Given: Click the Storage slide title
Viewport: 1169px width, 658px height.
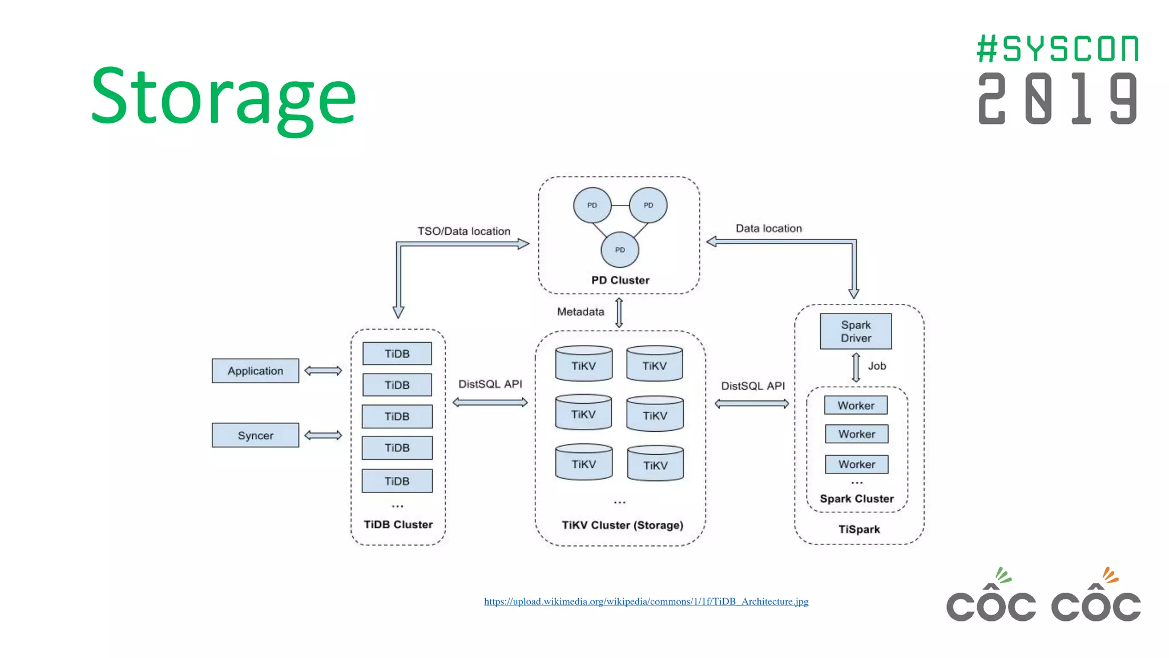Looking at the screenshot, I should click(x=224, y=97).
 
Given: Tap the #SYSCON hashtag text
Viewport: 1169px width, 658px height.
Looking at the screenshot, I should click(x=1057, y=49).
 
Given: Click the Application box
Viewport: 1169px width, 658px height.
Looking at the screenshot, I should click(x=255, y=371).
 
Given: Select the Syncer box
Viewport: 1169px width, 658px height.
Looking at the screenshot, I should click(x=255, y=435).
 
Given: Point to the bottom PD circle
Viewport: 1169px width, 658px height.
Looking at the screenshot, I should click(x=620, y=250).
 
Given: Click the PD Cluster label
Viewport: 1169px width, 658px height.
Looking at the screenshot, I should click(x=620, y=280).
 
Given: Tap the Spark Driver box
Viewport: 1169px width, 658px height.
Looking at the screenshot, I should click(x=856, y=331).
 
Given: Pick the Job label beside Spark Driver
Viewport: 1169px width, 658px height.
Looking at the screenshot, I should click(x=877, y=366).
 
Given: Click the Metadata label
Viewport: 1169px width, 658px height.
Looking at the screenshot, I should click(x=580, y=312).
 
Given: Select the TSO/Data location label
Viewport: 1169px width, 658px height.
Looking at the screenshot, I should click(x=463, y=231).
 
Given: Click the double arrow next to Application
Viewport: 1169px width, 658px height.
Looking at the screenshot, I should click(x=323, y=371).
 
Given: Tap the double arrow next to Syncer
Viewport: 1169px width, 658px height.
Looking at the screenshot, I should click(x=323, y=435).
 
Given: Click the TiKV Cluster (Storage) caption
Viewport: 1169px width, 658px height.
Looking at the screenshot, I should click(x=622, y=525).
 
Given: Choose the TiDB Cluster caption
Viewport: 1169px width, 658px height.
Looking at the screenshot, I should click(x=398, y=524).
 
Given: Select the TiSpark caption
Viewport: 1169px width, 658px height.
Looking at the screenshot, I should click(x=858, y=529).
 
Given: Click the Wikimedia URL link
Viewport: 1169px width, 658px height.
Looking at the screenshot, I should click(x=646, y=601).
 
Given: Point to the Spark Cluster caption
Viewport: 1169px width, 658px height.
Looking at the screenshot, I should click(x=856, y=499).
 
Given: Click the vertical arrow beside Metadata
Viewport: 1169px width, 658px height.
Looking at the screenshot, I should click(x=619, y=312).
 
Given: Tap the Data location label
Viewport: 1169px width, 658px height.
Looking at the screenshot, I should click(x=768, y=228).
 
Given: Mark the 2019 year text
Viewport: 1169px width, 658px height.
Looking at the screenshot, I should click(x=1057, y=98).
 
